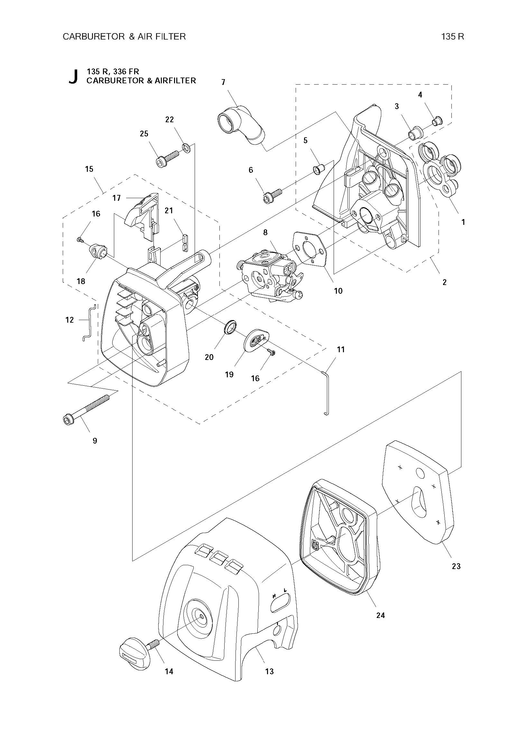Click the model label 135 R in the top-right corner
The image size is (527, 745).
pyautogui.click(x=452, y=37)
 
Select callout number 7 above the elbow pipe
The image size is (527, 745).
pyautogui.click(x=223, y=82)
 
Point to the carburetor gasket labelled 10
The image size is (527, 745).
pyautogui.click(x=310, y=249)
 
